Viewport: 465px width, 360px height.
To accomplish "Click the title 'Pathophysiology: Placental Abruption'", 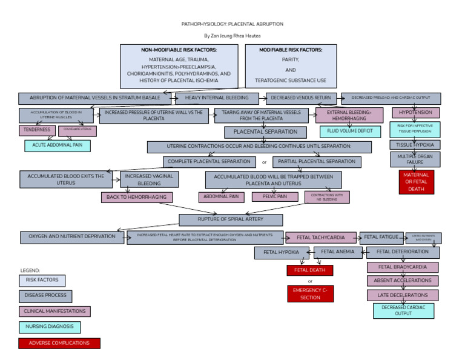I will pyautogui.click(x=232, y=24).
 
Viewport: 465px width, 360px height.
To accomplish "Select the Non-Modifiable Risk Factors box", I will pyautogui.click(x=179, y=66).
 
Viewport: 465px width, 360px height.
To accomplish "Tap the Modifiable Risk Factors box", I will pyautogui.click(x=291, y=66).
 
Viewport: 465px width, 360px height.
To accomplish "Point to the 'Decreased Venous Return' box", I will pyautogui.click(x=301, y=98).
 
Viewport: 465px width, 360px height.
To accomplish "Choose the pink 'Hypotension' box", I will pyautogui.click(x=415, y=113).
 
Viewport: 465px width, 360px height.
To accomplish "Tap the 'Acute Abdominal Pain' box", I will pyautogui.click(x=58, y=145).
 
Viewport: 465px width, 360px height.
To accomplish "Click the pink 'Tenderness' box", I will pyautogui.click(x=37, y=130).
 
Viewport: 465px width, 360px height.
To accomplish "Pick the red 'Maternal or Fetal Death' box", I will pyautogui.click(x=416, y=182).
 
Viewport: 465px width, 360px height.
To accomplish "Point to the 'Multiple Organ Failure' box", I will pyautogui.click(x=415, y=159).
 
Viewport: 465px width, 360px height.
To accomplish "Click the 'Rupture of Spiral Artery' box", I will pyautogui.click(x=230, y=219).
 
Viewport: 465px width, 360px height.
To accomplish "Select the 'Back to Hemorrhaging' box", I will pyautogui.click(x=137, y=197).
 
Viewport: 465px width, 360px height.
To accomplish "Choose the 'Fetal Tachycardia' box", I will pyautogui.click(x=321, y=238).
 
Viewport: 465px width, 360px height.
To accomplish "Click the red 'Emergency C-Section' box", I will pyautogui.click(x=310, y=294).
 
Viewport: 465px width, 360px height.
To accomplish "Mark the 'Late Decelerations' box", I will pyautogui.click(x=403, y=295).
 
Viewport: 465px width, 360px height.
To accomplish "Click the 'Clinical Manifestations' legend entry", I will pyautogui.click(x=54, y=312).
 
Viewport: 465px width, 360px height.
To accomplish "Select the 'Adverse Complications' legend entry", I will pyautogui.click(x=59, y=343).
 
